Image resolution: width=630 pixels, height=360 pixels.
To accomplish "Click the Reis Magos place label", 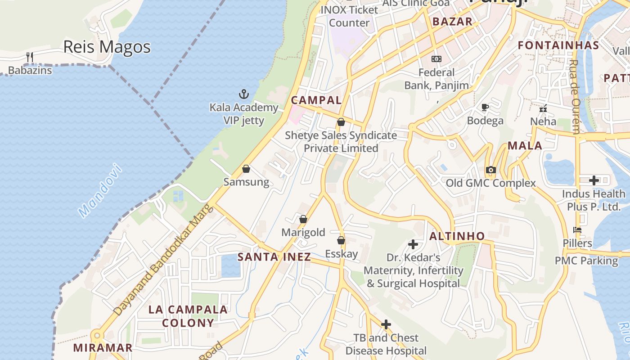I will pyautogui.click(x=107, y=47).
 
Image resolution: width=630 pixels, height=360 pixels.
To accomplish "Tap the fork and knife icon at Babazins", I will pyautogui.click(x=30, y=57).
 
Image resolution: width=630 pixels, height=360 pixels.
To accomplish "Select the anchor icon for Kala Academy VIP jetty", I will pyautogui.click(x=243, y=94).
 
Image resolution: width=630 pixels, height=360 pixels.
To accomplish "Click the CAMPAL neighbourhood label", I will pyautogui.click(x=316, y=100).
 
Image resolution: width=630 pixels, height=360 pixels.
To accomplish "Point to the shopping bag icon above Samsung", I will pyautogui.click(x=246, y=169).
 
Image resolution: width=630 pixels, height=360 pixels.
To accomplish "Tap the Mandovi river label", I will pyautogui.click(x=100, y=191).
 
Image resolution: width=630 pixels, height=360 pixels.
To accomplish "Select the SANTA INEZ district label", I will pyautogui.click(x=274, y=257).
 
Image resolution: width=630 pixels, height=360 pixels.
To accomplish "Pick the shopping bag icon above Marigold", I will pyautogui.click(x=303, y=219).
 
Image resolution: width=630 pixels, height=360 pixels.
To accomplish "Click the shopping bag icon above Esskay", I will pyautogui.click(x=341, y=240).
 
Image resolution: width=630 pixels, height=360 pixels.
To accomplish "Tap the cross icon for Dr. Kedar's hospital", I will pyautogui.click(x=413, y=244).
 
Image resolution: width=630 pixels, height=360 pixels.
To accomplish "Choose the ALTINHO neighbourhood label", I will pyautogui.click(x=457, y=236).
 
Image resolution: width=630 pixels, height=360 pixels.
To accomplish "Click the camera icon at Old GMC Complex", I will pyautogui.click(x=490, y=170).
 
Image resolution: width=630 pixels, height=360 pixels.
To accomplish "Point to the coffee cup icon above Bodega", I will pyautogui.click(x=485, y=107).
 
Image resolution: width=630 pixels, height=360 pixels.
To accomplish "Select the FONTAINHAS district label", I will pyautogui.click(x=558, y=45).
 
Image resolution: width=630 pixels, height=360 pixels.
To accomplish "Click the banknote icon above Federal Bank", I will pyautogui.click(x=436, y=59).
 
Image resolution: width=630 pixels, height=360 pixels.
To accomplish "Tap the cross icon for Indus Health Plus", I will pyautogui.click(x=594, y=180).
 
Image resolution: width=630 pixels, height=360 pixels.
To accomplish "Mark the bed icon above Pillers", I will pyautogui.click(x=577, y=230).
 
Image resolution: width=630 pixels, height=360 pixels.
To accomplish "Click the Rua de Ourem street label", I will pyautogui.click(x=575, y=97).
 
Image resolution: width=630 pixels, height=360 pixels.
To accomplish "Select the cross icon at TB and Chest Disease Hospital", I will pyautogui.click(x=386, y=324).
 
